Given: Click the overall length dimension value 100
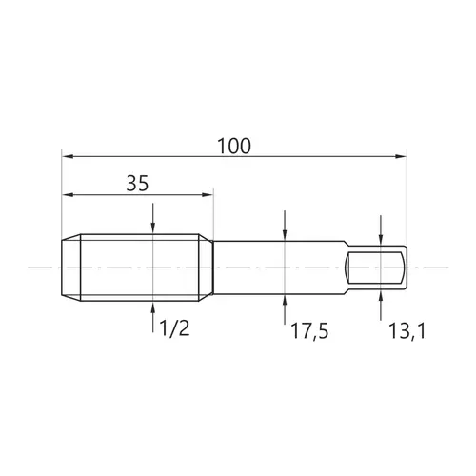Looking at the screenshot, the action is click(x=234, y=146).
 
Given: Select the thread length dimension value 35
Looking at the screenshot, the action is click(x=137, y=183).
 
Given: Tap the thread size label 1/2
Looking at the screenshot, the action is click(x=174, y=328).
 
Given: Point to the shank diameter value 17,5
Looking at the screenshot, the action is click(x=309, y=331).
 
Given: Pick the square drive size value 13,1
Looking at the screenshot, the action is click(x=407, y=331).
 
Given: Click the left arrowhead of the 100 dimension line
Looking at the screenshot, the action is click(x=68, y=156).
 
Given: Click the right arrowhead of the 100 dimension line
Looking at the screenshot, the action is click(x=401, y=156).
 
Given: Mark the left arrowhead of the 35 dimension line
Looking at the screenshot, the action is click(x=68, y=194).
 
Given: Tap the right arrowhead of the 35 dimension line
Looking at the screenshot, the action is click(x=208, y=194).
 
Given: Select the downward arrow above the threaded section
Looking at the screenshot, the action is click(x=153, y=219).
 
